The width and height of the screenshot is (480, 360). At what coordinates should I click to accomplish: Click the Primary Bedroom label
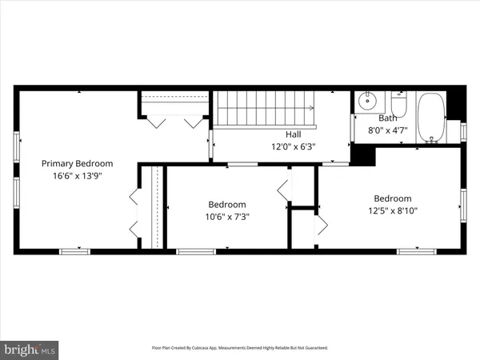(x=77, y=163)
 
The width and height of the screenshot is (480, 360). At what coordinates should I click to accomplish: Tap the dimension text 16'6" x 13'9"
(x=77, y=175)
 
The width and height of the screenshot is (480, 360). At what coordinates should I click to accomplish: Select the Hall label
(x=294, y=134)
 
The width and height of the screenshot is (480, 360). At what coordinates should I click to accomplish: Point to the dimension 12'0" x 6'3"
(x=294, y=146)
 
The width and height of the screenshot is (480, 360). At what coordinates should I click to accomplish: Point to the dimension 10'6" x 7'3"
(x=227, y=216)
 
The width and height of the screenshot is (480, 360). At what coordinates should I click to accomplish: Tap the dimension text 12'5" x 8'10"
(x=392, y=211)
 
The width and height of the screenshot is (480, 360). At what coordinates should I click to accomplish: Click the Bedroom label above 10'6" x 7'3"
(x=227, y=205)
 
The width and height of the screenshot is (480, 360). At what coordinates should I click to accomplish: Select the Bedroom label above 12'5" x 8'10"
(x=392, y=199)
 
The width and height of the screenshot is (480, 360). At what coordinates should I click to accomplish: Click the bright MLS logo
(x=30, y=349)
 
